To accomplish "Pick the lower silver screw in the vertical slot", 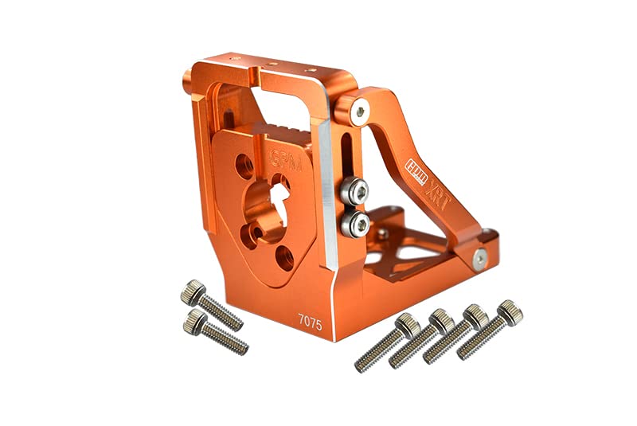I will coord(354,225).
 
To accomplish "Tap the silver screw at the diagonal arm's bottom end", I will coord(480,257).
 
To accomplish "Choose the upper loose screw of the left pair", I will coord(213,304).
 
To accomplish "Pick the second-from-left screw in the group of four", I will coord(420,340).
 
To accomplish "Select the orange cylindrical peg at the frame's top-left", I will coord(188,79).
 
